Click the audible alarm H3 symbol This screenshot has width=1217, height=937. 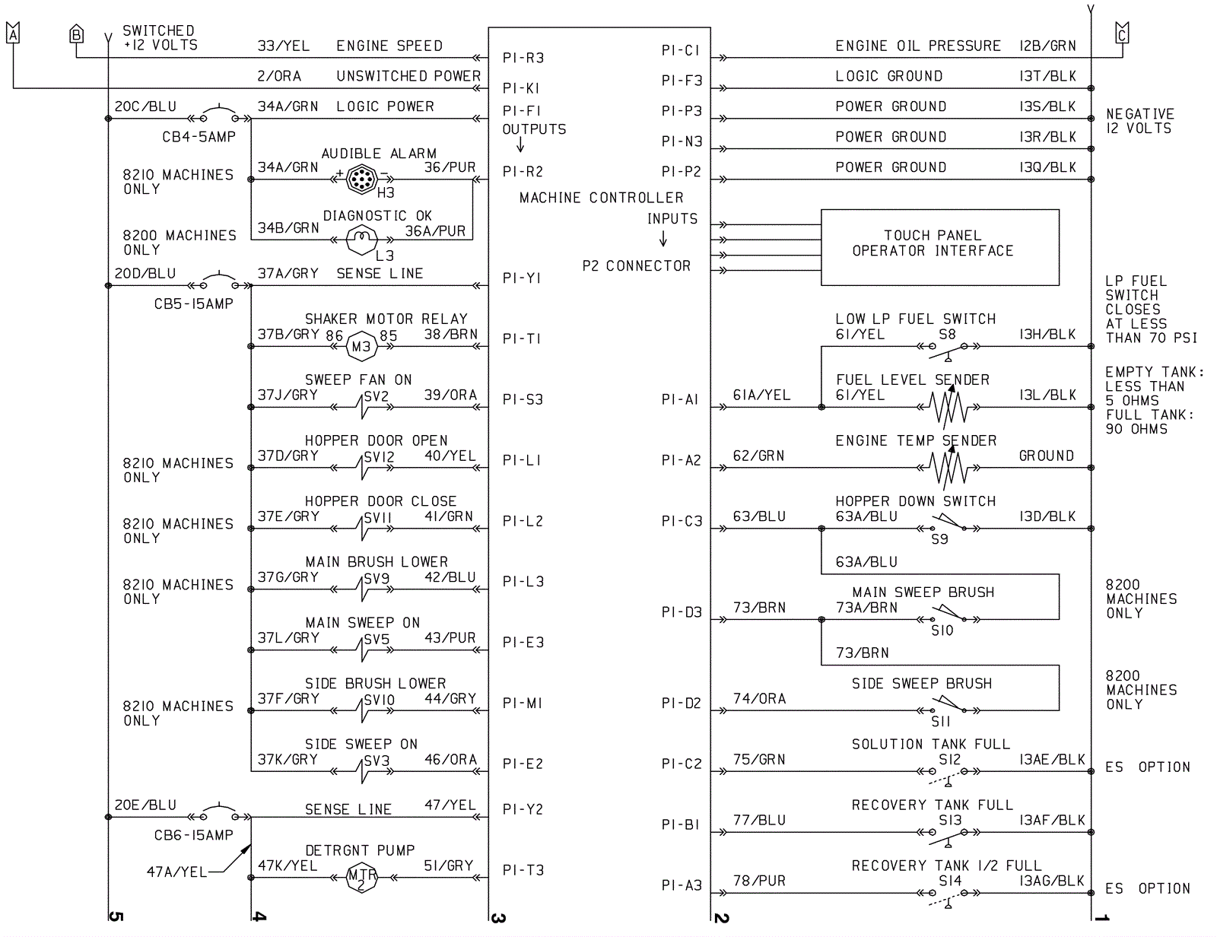pyautogui.click(x=362, y=179)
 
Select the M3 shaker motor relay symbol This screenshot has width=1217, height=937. pyautogui.click(x=362, y=347)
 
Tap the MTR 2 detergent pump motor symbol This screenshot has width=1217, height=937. pyautogui.click(x=362, y=877)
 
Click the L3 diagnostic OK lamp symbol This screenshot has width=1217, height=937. pyautogui.click(x=362, y=240)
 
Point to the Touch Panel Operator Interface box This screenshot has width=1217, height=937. pyautogui.click(x=940, y=247)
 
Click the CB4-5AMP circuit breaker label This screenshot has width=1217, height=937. pyautogui.click(x=199, y=137)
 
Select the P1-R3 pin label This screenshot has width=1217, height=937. pyautogui.click(x=523, y=58)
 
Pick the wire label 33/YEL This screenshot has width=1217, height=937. pyautogui.click(x=284, y=46)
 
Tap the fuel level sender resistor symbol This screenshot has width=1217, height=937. pyautogui.click(x=948, y=407)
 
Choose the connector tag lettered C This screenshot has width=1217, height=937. pyautogui.click(x=1122, y=33)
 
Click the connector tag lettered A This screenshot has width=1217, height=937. pyautogui.click(x=13, y=33)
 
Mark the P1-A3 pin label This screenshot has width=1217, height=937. pyautogui.click(x=681, y=885)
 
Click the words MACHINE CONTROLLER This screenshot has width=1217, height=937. pyautogui.click(x=602, y=198)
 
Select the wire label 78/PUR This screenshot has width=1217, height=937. pyautogui.click(x=759, y=881)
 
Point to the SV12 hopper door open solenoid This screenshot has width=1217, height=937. pyautogui.click(x=363, y=468)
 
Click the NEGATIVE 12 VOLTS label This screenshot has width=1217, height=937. pyautogui.click(x=1139, y=121)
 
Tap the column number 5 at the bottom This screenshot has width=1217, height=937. pyautogui.click(x=116, y=916)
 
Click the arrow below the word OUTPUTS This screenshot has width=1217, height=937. pyautogui.click(x=520, y=145)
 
